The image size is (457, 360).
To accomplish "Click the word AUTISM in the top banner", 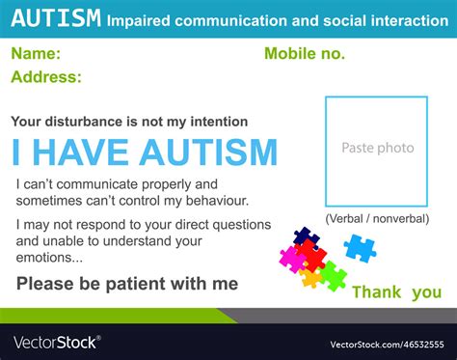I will tap(56, 17).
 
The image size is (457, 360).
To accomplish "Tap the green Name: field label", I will tap(38, 54).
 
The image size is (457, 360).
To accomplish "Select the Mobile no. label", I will tap(304, 54).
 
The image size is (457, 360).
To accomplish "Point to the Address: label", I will tap(47, 77).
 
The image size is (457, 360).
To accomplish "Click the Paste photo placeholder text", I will tap(377, 148).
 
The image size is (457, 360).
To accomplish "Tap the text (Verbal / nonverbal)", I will tap(377, 219).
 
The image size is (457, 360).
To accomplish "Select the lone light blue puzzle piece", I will tap(361, 248).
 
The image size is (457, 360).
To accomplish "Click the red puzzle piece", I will tap(310, 257).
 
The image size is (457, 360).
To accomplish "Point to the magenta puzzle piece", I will tap(290, 258).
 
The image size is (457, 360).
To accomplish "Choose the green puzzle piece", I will tap(334, 276).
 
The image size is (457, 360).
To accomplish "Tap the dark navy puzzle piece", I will tap(306, 236).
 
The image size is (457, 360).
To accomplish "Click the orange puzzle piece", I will tap(310, 279).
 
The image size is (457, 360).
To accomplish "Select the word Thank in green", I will tap(377, 292).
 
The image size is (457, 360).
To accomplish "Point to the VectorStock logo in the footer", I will tap(56, 343).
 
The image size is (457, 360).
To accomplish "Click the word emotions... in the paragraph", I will tap(49, 258).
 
